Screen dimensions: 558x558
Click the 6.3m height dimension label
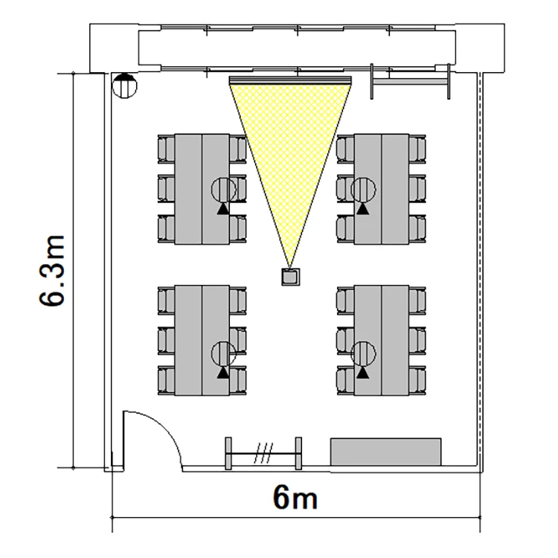[x=52, y=271]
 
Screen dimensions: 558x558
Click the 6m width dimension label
[x=295, y=497]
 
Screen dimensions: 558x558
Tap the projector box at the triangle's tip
[x=291, y=277]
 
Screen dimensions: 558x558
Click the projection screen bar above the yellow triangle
[x=290, y=80]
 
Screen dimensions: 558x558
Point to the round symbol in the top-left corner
[x=124, y=86]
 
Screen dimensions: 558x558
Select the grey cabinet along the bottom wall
[x=385, y=452]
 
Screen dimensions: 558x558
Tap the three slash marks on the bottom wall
[x=263, y=453]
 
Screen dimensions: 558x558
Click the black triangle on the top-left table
[x=223, y=208]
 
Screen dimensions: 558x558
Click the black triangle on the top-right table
[x=362, y=208]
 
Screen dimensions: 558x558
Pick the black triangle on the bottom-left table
[x=223, y=372]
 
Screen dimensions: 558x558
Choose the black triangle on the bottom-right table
[x=362, y=372]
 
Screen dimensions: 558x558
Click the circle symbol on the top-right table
[x=363, y=190]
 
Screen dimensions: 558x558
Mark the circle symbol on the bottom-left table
[x=223, y=353]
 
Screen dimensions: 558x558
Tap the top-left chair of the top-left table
[x=166, y=150]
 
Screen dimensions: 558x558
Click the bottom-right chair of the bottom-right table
[x=417, y=380]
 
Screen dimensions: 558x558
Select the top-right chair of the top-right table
[x=417, y=150]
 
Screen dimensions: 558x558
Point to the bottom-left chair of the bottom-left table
[x=166, y=380]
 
